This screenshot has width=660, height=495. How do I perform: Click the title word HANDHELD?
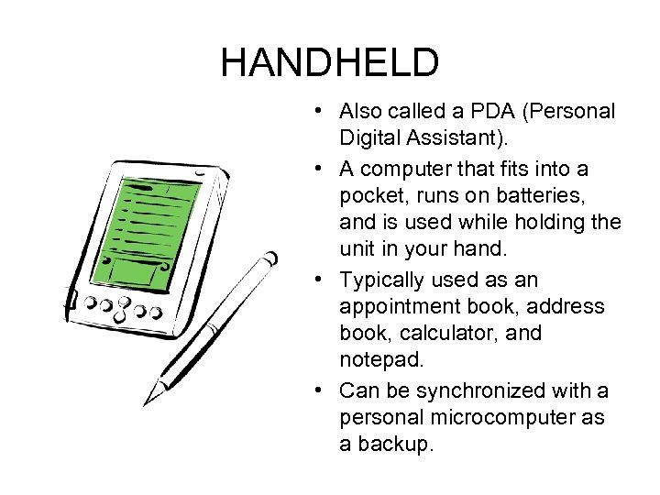330,62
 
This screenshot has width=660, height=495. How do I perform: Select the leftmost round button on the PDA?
93,302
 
